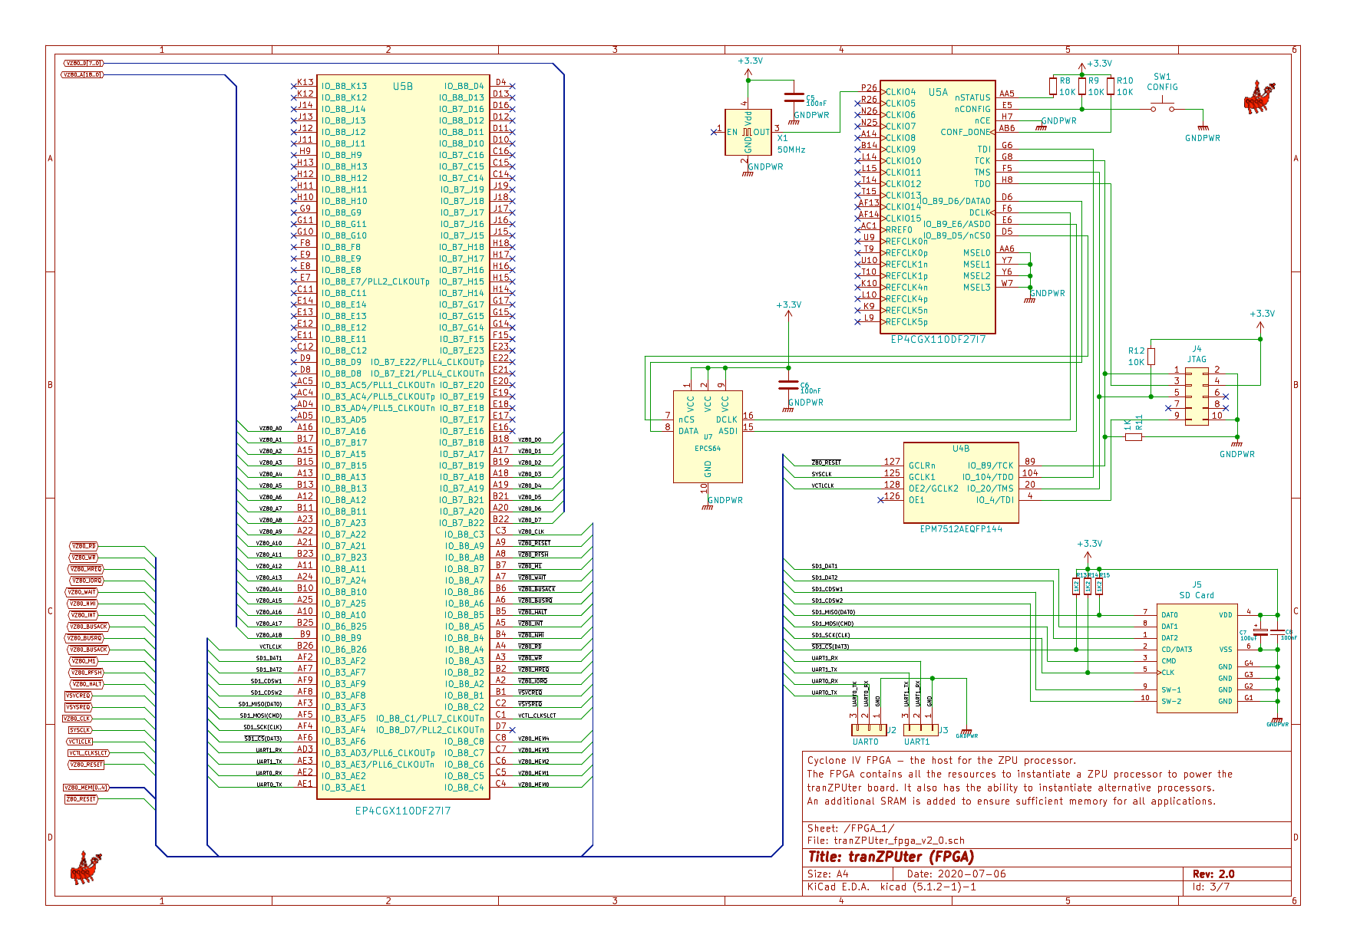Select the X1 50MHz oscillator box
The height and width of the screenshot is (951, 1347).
[x=748, y=132]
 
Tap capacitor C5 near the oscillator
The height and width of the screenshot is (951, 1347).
[x=794, y=98]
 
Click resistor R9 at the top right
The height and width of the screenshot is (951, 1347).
[x=1081, y=86]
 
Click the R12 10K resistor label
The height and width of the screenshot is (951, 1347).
[x=1136, y=357]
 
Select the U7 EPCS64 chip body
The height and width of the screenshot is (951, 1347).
[x=707, y=436]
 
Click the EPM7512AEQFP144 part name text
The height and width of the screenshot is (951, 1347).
[x=961, y=529]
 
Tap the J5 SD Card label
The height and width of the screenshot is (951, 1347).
[x=1197, y=590]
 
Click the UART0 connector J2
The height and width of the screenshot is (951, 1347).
[x=868, y=729]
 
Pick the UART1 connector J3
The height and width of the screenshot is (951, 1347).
[x=920, y=729]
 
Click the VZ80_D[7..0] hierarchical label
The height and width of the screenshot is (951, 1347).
[x=83, y=63]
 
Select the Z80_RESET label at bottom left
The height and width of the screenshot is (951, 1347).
[x=81, y=799]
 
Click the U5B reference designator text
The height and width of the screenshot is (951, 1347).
[x=403, y=87]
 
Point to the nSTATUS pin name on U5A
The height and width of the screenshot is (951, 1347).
[x=972, y=97]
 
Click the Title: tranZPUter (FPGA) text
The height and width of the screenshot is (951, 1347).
[x=891, y=857]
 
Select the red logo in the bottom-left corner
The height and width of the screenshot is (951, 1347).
[x=85, y=868]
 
